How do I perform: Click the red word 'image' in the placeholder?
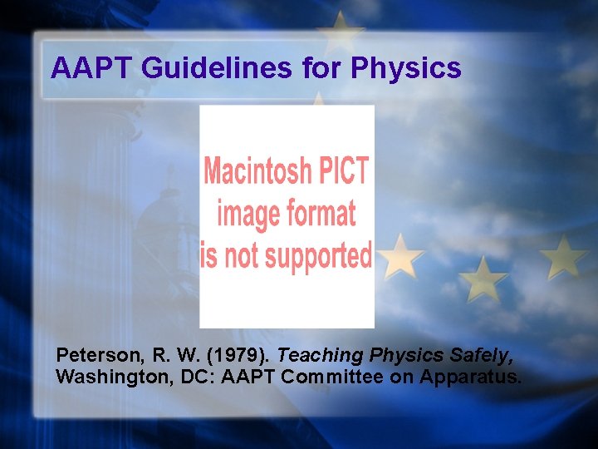tap(247, 214)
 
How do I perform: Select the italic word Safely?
tap(481, 356)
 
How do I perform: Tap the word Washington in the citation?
tap(104, 377)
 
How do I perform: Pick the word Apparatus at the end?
tap(471, 377)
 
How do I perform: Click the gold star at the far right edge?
tap(564, 256)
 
